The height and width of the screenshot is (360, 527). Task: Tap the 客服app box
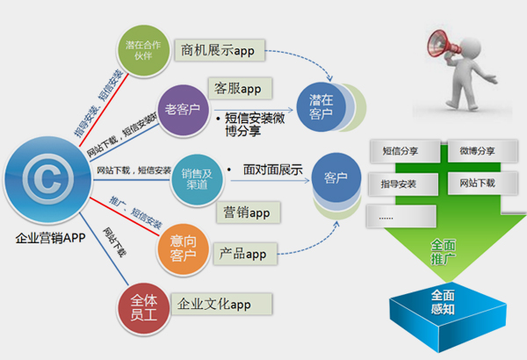click(x=240, y=88)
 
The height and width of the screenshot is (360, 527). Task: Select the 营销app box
click(x=247, y=212)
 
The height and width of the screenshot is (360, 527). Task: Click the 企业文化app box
click(x=221, y=304)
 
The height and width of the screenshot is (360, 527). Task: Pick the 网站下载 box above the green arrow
click(x=476, y=184)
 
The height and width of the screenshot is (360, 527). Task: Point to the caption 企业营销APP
click(x=50, y=238)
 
